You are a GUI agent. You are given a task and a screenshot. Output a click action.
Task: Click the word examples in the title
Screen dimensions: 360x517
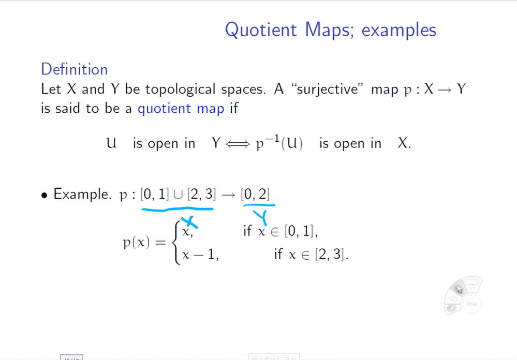coord(398,29)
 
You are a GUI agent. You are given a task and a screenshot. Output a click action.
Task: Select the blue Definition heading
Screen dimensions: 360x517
coord(74,69)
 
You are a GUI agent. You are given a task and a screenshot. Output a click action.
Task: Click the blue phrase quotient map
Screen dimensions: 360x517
coord(181,109)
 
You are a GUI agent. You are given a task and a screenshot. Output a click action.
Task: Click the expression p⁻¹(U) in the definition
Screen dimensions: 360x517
coord(279,143)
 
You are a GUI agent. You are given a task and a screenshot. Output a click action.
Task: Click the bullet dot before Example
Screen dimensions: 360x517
coord(45,195)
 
